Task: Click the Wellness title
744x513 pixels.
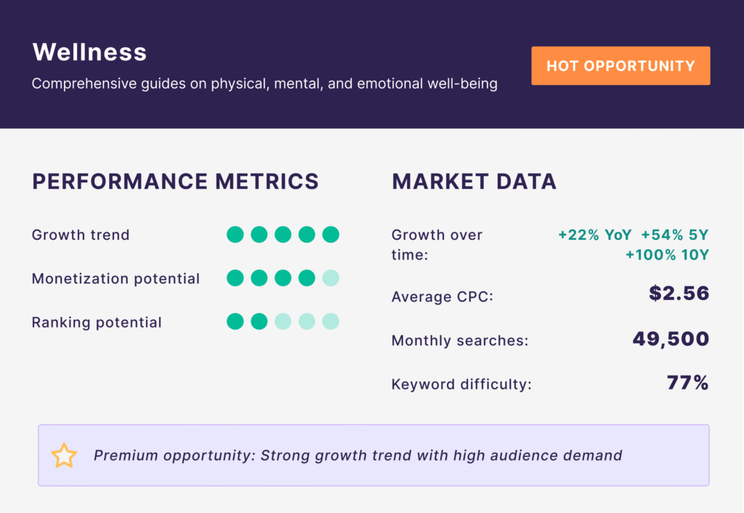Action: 89,52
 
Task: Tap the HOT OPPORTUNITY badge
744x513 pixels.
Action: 620,65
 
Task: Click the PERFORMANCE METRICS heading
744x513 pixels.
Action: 176,181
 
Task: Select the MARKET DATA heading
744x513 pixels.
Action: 474,181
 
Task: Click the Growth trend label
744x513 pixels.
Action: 81,235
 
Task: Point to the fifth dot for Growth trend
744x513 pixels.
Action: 331,235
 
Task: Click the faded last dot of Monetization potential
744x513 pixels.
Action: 331,278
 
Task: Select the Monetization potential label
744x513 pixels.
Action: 116,278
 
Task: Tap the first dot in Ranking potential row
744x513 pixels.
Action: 235,322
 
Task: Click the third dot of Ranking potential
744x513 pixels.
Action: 283,322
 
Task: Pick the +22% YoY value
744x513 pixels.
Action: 595,235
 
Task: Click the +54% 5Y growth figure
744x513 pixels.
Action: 675,235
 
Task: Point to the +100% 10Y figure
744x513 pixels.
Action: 667,255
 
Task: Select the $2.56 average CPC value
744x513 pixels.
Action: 679,294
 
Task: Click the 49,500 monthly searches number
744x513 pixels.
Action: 671,339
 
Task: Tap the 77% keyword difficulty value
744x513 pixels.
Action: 688,382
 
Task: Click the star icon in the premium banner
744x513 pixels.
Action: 64,456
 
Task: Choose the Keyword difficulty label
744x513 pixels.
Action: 461,384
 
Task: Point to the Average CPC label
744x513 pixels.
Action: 442,296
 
